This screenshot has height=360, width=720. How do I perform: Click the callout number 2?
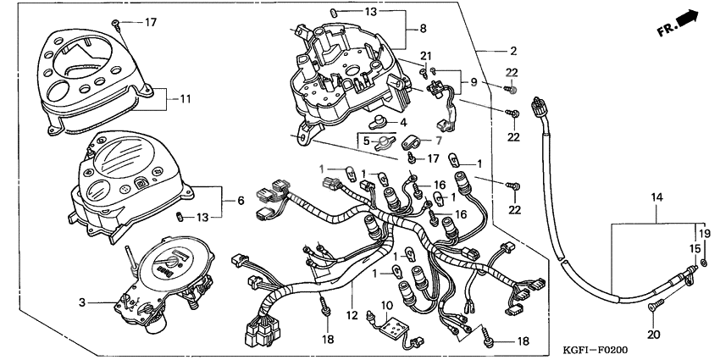pyautogui.click(x=513, y=51)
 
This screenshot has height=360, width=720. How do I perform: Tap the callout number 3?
pyautogui.click(x=83, y=302)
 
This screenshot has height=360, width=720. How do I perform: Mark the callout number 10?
pyautogui.click(x=386, y=304)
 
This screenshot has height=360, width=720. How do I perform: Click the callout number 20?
pyautogui.click(x=654, y=335)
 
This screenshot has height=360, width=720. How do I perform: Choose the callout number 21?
pyautogui.click(x=425, y=56)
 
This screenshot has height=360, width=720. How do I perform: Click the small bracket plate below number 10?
pyautogui.click(x=391, y=325)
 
